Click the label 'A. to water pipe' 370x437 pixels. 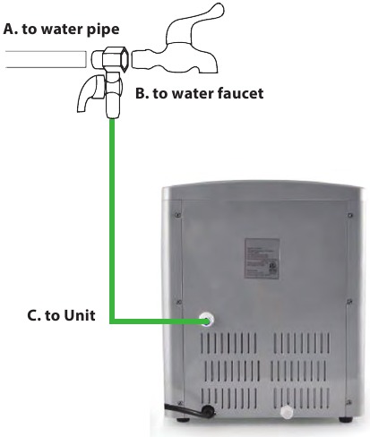[x=61, y=30]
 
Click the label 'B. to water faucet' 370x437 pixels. [x=200, y=93]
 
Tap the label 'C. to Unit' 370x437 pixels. [x=61, y=315]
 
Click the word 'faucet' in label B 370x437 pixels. [x=240, y=93]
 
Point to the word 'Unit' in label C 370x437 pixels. [x=80, y=315]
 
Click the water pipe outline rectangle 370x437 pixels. [x=46, y=59]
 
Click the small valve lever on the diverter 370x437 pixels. [x=90, y=92]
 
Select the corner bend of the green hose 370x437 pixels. [x=113, y=321]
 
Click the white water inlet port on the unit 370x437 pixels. [x=206, y=320]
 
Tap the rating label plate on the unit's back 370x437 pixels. [x=262, y=259]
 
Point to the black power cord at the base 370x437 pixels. [x=190, y=410]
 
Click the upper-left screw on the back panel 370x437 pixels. [x=178, y=214]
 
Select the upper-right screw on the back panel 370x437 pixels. [x=350, y=215]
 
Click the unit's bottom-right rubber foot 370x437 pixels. [x=346, y=419]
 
